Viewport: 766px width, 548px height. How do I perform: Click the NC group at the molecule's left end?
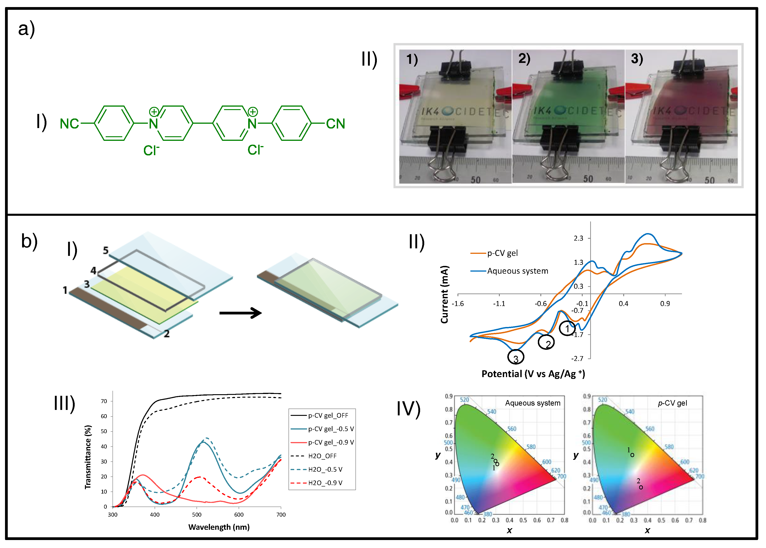click(69, 124)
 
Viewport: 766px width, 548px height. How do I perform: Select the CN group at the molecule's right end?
click(335, 124)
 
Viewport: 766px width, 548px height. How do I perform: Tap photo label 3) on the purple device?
click(637, 59)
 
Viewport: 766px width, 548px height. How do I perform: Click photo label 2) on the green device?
click(524, 59)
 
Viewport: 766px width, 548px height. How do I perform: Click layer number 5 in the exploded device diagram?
click(105, 250)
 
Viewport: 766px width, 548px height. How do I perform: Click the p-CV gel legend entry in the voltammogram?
click(502, 253)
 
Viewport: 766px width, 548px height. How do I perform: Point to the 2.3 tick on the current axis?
click(579, 238)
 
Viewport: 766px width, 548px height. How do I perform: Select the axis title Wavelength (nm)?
click(219, 527)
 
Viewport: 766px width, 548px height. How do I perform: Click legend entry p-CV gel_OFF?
click(328, 415)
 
